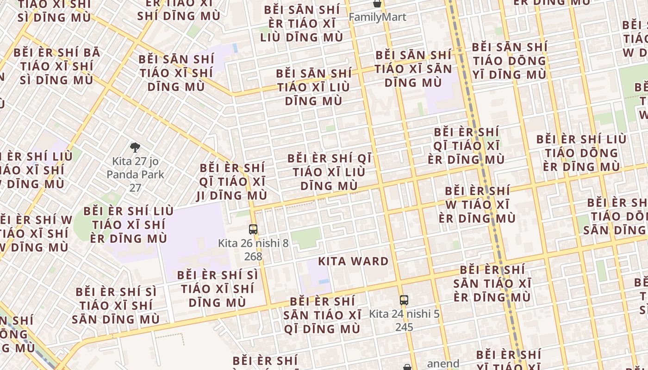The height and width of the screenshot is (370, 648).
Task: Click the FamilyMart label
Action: pyautogui.click(x=377, y=17)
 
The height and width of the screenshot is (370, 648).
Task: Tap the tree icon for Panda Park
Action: pyautogui.click(x=135, y=148)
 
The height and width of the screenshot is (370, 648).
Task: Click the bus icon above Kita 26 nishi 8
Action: pyautogui.click(x=253, y=229)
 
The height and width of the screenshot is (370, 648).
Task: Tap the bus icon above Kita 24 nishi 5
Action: pyautogui.click(x=404, y=300)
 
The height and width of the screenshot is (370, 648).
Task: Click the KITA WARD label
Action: pyautogui.click(x=354, y=261)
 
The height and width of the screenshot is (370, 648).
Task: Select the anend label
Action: pyautogui.click(x=443, y=364)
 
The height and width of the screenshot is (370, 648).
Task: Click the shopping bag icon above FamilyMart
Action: pyautogui.click(x=378, y=4)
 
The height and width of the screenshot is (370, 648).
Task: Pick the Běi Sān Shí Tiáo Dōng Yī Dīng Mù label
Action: pyautogui.click(x=509, y=61)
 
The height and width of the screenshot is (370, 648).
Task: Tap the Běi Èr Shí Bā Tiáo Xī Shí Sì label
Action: pyautogui.click(x=56, y=66)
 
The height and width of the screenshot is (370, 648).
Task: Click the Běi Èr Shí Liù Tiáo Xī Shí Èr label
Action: pyautogui.click(x=128, y=225)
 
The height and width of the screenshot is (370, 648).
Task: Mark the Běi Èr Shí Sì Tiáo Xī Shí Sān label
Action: pyautogui.click(x=116, y=305)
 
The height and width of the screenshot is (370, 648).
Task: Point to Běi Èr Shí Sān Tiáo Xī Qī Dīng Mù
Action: pyautogui.click(x=322, y=315)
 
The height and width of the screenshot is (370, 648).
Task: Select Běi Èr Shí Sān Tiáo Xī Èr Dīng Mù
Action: pyautogui.click(x=492, y=283)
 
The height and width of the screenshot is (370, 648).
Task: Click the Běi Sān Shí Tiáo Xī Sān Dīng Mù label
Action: pyautogui.click(x=413, y=69)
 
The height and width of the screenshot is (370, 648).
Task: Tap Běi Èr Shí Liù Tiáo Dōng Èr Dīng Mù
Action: pyautogui.click(x=581, y=153)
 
